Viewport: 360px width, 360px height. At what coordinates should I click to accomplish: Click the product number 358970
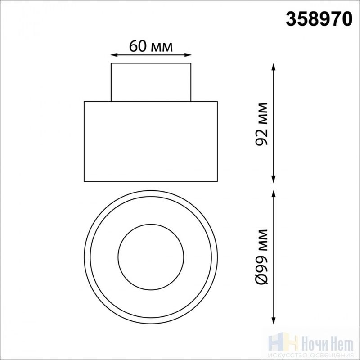click(319, 19)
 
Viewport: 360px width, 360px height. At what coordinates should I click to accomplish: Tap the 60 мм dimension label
click(151, 46)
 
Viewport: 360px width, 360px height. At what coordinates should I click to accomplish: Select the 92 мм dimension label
click(261, 124)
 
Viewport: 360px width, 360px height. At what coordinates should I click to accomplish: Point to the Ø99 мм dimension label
click(262, 256)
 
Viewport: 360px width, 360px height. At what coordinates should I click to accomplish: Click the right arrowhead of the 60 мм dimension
click(188, 55)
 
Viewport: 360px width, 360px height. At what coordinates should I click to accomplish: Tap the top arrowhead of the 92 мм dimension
click(273, 67)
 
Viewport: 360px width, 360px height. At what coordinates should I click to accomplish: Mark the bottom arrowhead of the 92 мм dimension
click(273, 179)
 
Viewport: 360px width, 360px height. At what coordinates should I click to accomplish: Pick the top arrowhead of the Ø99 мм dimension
click(273, 194)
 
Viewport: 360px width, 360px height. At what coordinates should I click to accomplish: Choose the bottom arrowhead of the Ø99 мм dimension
click(273, 320)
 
